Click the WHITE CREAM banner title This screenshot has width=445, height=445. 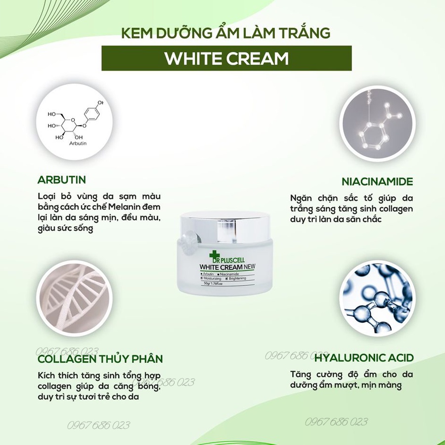pos(226,58)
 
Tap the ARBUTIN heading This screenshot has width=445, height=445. pos(62,179)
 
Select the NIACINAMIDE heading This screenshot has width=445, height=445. pos(377,181)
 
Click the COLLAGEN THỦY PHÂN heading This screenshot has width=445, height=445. pos(100,359)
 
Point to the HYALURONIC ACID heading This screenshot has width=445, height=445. pos(364,358)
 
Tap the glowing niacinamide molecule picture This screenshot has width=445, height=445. pos(377,124)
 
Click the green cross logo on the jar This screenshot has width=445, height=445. pos(214,256)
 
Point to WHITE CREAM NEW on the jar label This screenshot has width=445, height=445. pos(227,267)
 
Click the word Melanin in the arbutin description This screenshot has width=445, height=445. pos(124,207)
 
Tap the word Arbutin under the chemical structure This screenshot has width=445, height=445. pos(78,143)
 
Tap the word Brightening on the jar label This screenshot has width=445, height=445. pos(237,278)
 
